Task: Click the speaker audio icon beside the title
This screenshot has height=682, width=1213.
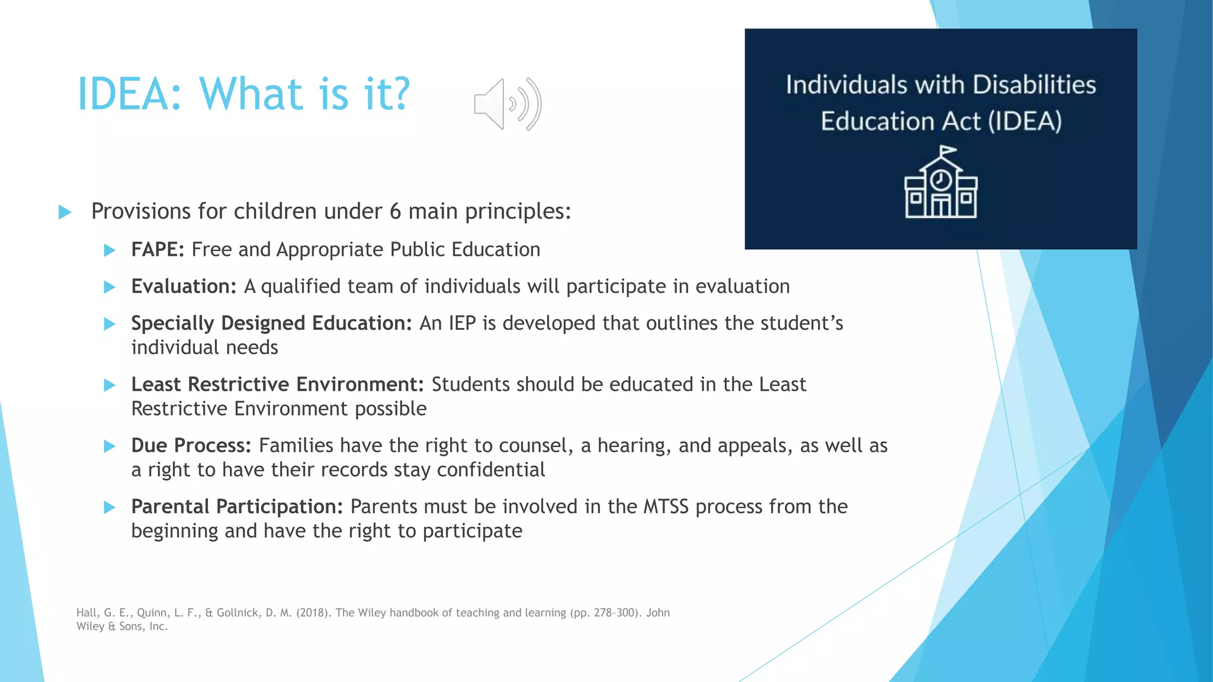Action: (508, 104)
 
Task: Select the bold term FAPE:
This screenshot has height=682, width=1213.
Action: (158, 250)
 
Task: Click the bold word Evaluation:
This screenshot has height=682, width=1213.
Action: (184, 287)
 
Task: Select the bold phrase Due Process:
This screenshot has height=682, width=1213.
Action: (191, 446)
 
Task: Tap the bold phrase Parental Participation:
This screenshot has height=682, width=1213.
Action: (237, 507)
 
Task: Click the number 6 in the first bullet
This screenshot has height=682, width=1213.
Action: (395, 211)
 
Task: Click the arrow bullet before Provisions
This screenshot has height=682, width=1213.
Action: (65, 212)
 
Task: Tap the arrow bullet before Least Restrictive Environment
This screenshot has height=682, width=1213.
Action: (110, 385)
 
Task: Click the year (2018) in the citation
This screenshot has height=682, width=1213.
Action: (313, 613)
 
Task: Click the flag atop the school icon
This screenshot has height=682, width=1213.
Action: (948, 151)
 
